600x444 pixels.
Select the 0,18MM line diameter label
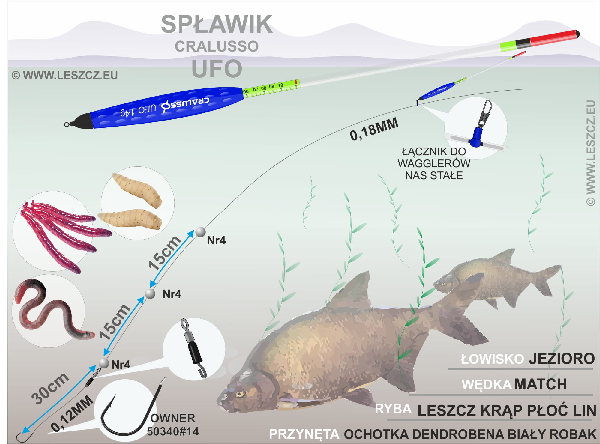(x=374, y=129)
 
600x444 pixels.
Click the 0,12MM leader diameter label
(x=72, y=413)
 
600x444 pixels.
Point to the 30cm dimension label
(x=50, y=388)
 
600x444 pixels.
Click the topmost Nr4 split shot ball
(x=200, y=232)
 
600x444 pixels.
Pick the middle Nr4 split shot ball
(x=150, y=294)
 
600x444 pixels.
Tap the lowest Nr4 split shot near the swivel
(x=104, y=363)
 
